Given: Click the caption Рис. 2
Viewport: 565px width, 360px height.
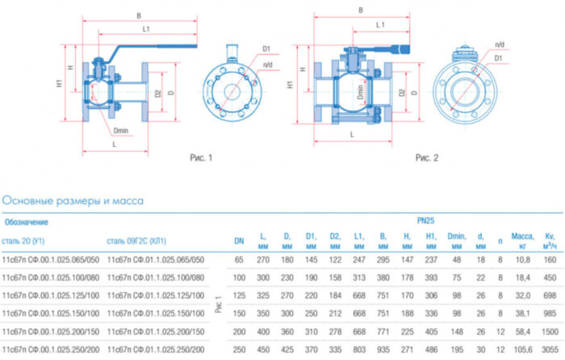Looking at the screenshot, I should [426, 157].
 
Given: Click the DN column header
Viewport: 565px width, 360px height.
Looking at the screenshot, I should [239, 240].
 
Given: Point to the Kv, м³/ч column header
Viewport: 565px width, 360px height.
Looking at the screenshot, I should [550, 240].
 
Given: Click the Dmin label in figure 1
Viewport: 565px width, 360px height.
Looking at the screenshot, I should [121, 130].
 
